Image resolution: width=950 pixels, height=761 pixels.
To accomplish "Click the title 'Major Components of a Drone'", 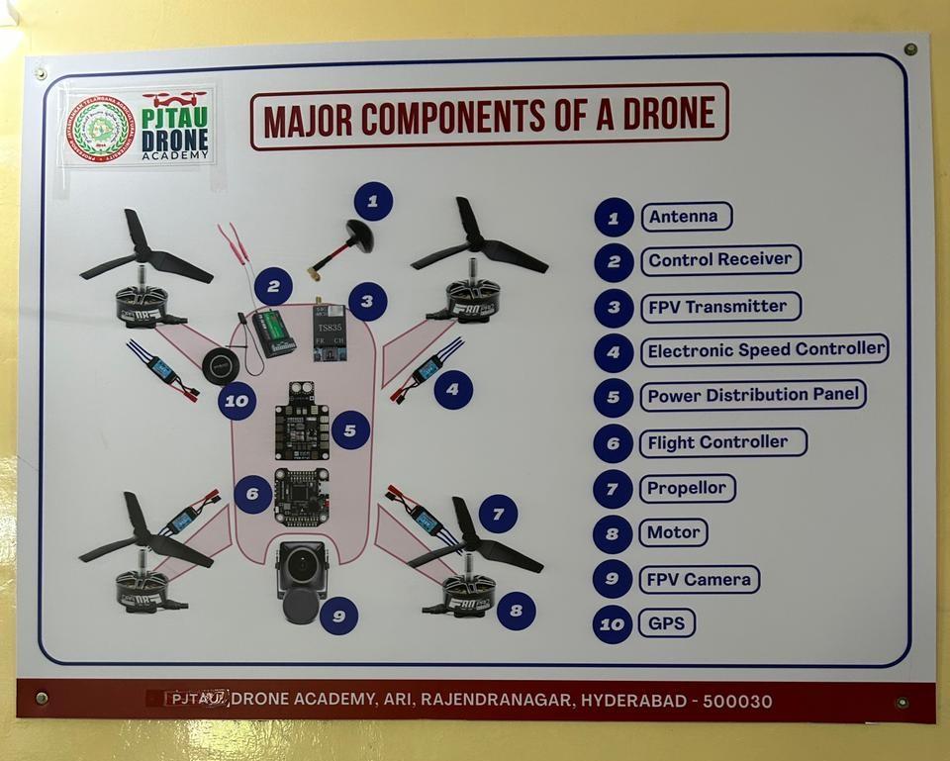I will [489, 117].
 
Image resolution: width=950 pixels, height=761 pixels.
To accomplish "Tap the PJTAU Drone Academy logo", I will [175, 126].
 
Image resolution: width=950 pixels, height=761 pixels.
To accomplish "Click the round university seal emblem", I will [98, 128].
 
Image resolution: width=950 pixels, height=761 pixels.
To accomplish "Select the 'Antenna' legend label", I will [686, 217].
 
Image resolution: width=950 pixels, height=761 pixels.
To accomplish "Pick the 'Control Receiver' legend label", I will [719, 260].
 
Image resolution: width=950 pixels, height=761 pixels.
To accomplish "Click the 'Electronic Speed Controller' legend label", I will [764, 350].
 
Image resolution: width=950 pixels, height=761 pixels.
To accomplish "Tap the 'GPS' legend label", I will [666, 623].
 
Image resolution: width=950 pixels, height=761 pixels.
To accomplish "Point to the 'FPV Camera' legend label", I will [699, 579].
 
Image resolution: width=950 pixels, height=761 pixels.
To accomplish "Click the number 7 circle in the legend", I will [613, 489].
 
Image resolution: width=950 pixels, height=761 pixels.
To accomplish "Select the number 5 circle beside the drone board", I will [350, 430].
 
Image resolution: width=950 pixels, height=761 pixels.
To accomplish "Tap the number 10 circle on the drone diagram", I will [237, 401].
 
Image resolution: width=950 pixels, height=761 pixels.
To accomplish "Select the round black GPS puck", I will [220, 366].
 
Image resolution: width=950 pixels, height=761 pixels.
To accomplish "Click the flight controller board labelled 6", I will [301, 497].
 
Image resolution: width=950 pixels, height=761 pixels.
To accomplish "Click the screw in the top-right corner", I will [909, 48].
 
